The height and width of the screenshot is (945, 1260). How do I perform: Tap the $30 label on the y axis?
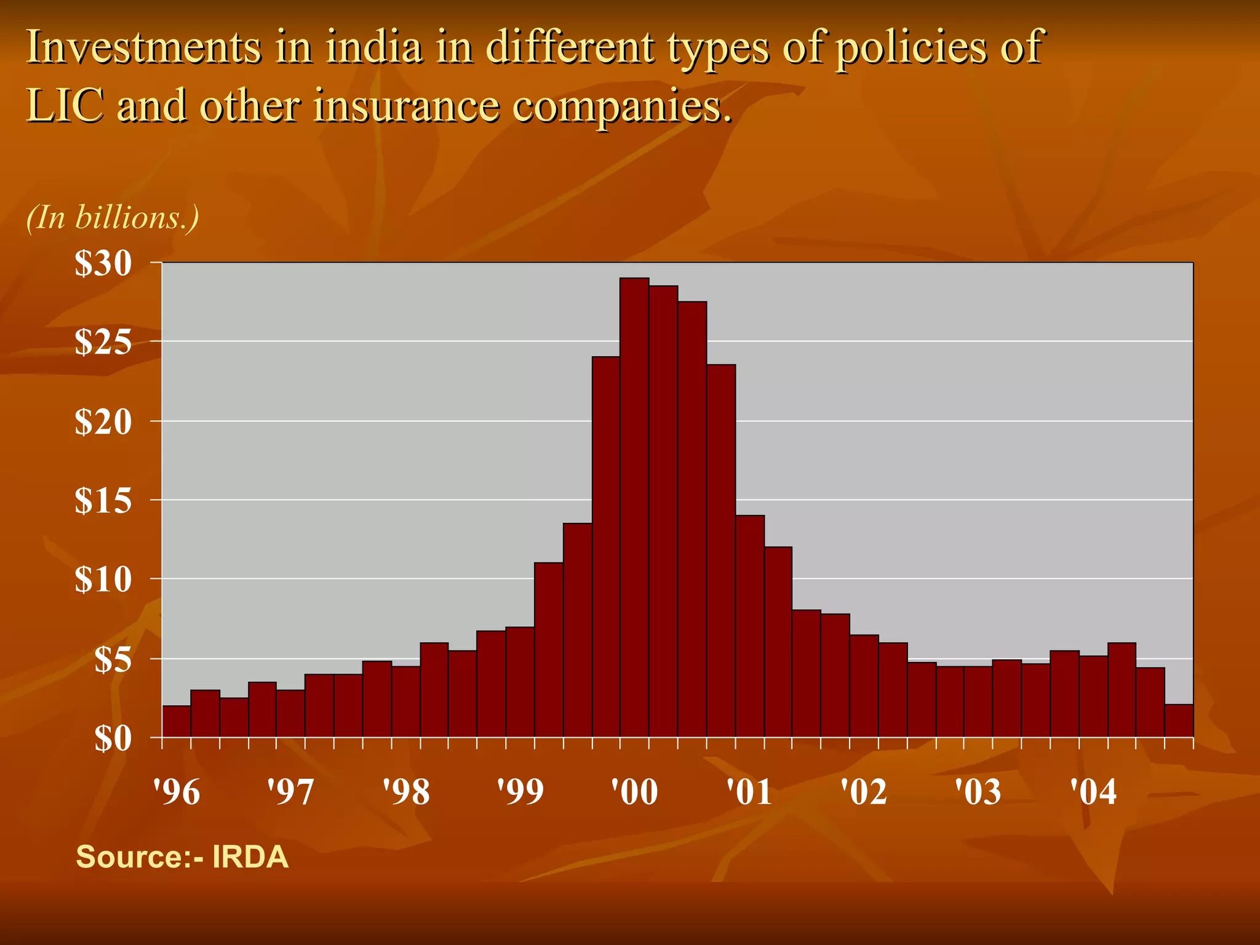tap(103, 264)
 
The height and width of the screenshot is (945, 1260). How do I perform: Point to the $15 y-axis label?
tap(103, 501)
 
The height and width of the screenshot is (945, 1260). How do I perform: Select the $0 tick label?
tap(113, 739)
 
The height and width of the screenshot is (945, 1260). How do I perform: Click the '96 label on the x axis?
tap(177, 792)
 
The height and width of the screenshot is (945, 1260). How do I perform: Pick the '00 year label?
tap(634, 792)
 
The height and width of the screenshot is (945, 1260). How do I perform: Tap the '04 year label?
tap(1093, 792)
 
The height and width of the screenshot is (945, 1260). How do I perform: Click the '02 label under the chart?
tap(864, 792)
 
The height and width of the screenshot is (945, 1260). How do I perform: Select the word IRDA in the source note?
tap(250, 857)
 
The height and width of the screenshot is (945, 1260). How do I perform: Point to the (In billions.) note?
tap(113, 218)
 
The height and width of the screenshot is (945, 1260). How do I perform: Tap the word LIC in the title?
tap(64, 105)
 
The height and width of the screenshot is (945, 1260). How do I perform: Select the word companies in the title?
tap(621, 106)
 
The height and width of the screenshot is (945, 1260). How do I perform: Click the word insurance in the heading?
tap(406, 105)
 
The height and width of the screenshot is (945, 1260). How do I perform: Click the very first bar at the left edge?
tap(176, 721)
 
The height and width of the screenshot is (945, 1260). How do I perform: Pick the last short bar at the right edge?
tap(1179, 720)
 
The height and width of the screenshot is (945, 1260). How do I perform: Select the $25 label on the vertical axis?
tap(103, 342)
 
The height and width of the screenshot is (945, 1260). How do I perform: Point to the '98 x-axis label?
tap(406, 792)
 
